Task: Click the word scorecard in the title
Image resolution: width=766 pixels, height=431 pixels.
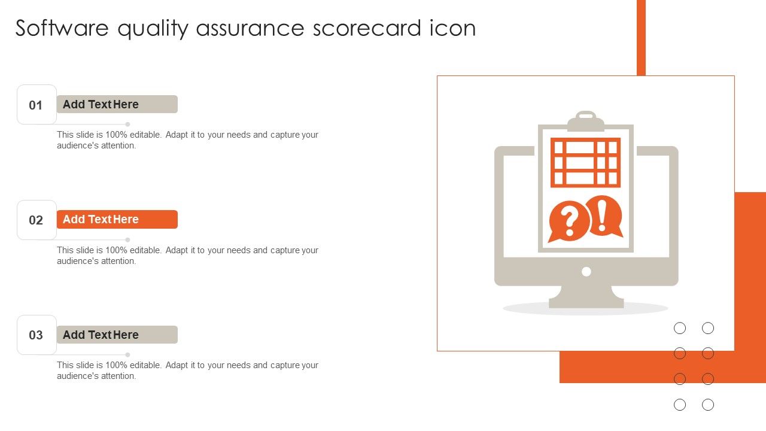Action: coord(367,28)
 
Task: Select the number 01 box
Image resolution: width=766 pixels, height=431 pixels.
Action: coord(37,104)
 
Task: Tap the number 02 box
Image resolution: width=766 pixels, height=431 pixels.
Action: coord(37,220)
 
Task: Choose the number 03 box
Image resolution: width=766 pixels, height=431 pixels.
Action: coord(37,335)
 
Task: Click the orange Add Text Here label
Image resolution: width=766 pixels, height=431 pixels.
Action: coord(117,219)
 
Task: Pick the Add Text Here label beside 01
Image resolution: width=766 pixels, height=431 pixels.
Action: coord(117,104)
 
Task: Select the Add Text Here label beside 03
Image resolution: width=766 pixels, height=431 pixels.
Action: coord(117,335)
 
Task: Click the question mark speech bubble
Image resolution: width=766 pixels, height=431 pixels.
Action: coord(569,221)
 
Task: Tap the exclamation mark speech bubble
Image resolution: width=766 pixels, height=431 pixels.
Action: coord(604,216)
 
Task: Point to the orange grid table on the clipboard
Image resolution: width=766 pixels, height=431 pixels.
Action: coord(585,162)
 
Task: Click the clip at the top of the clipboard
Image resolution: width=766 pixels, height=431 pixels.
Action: coord(586,121)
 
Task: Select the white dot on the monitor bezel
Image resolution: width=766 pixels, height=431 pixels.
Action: coord(586,272)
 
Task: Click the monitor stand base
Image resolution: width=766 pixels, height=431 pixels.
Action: coord(586,303)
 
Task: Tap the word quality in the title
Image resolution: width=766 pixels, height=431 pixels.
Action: coord(153,29)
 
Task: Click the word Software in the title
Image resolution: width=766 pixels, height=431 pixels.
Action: coord(62,28)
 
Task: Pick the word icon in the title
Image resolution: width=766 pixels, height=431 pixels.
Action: coord(452,28)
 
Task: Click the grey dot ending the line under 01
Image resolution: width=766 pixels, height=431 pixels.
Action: coord(127,124)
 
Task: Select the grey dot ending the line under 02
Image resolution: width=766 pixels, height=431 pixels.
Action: coord(127,239)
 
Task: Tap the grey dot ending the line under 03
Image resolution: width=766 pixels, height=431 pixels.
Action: coord(127,354)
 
